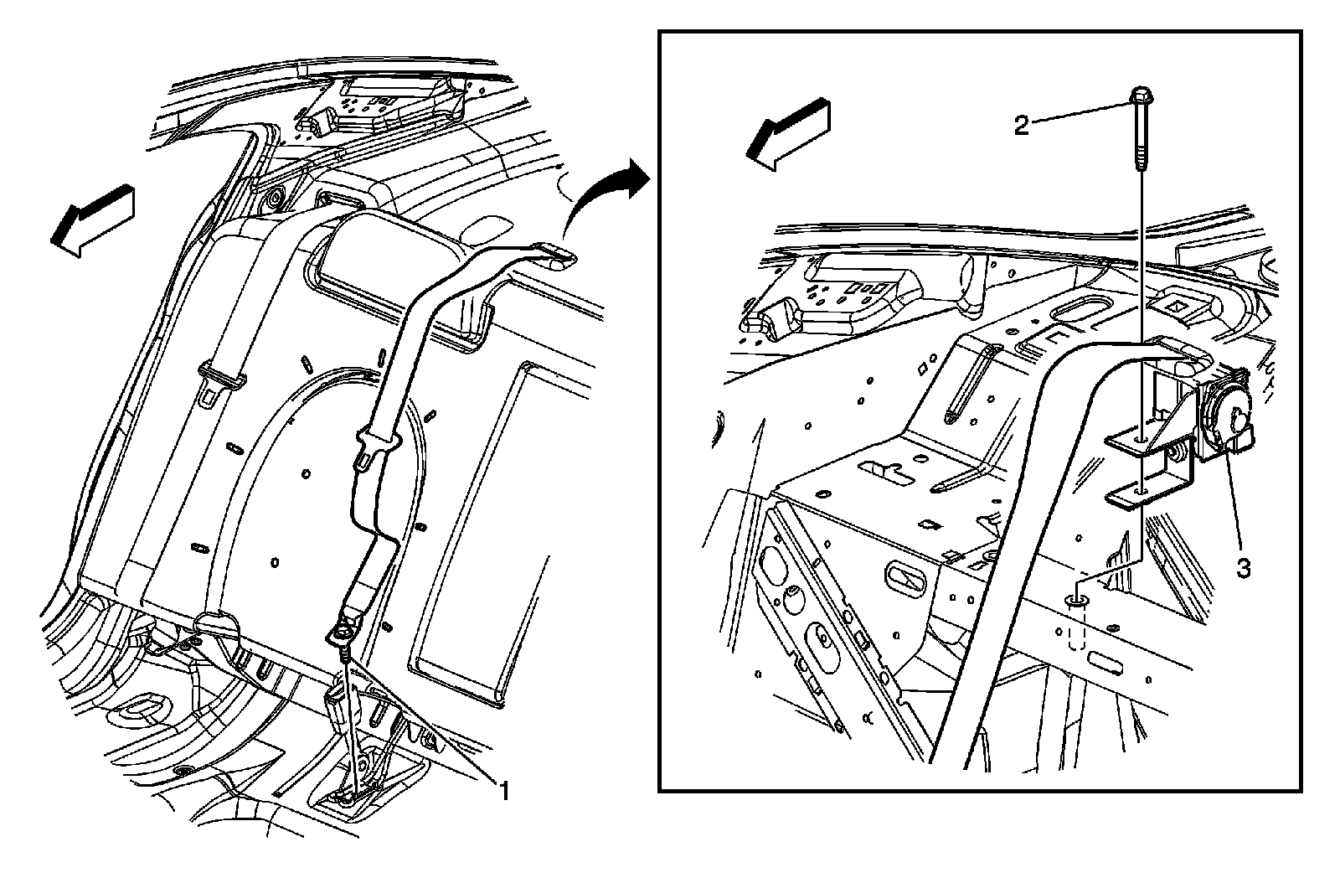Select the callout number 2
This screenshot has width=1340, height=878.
1021,126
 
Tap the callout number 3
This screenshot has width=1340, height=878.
1243,568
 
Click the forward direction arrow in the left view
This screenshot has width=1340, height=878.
92,219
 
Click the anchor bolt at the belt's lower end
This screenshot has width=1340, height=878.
343,636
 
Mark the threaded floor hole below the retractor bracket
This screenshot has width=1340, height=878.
1078,601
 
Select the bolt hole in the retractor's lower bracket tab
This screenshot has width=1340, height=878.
1142,491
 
